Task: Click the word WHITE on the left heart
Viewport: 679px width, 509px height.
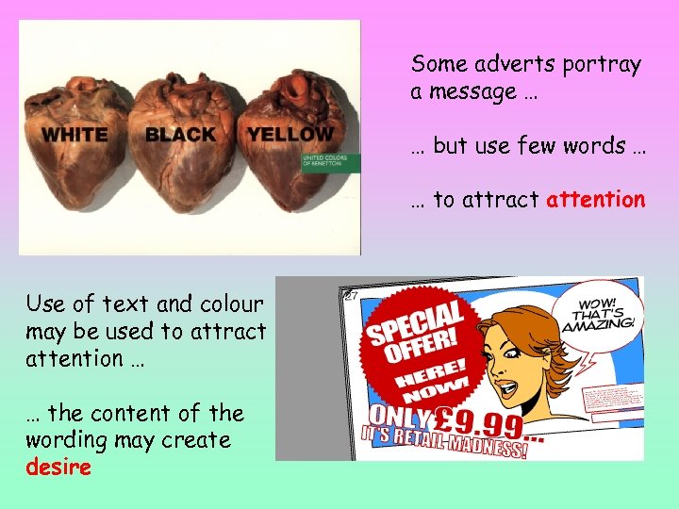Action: click(75, 135)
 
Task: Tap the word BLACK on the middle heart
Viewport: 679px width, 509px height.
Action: click(180, 135)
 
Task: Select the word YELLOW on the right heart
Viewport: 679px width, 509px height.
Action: click(290, 134)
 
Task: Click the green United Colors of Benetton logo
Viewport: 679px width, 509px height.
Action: click(329, 159)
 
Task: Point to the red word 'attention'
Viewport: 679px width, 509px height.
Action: click(596, 200)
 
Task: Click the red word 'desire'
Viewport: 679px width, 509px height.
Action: click(58, 467)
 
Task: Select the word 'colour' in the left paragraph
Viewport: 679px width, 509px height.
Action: click(231, 304)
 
